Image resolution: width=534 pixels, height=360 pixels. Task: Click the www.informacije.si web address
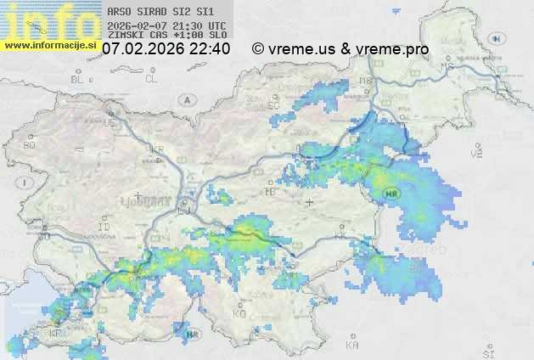pos(51,45)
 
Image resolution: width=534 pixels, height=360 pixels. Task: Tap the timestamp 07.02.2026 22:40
pos(166,49)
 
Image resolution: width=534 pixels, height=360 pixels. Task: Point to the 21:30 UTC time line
pos(167,25)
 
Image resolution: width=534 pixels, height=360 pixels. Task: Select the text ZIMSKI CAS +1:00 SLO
pos(167,36)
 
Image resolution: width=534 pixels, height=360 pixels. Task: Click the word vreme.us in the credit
pos(301,49)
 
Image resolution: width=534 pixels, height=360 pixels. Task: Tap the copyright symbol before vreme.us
pos(258,49)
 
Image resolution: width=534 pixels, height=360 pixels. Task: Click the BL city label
pos(77,80)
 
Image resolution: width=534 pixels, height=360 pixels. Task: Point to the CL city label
pos(151,79)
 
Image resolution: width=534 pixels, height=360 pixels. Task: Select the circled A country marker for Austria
pos(185,100)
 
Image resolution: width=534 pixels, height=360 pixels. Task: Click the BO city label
pos(29,145)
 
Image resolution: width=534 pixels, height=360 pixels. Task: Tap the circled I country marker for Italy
pos(26,183)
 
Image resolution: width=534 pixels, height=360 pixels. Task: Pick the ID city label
pos(104,228)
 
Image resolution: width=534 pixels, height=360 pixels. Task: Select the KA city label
pos(352,346)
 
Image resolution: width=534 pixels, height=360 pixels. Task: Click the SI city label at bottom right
pos(487,351)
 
